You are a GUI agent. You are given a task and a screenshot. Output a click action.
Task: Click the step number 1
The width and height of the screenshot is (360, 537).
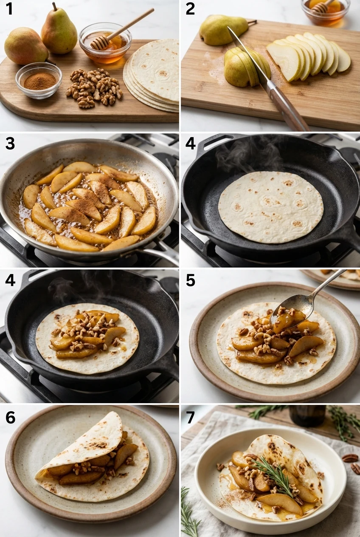point(9,8)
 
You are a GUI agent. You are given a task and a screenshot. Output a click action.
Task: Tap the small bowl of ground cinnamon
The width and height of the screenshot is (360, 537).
point(39,80)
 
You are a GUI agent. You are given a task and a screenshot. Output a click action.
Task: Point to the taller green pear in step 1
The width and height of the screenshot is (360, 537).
point(59,31)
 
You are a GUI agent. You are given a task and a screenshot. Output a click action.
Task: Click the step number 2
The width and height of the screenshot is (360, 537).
point(190,8)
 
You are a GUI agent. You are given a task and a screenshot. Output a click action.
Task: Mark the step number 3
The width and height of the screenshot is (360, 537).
point(10,144)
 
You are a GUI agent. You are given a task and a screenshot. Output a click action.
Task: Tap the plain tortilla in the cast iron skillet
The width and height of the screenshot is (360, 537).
point(270,207)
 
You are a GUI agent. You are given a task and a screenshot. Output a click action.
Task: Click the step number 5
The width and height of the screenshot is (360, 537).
point(190,280)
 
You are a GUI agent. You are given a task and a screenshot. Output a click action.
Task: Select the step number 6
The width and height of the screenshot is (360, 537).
point(10,418)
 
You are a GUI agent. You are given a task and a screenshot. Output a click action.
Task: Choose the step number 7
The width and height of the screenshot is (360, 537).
point(190,418)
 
